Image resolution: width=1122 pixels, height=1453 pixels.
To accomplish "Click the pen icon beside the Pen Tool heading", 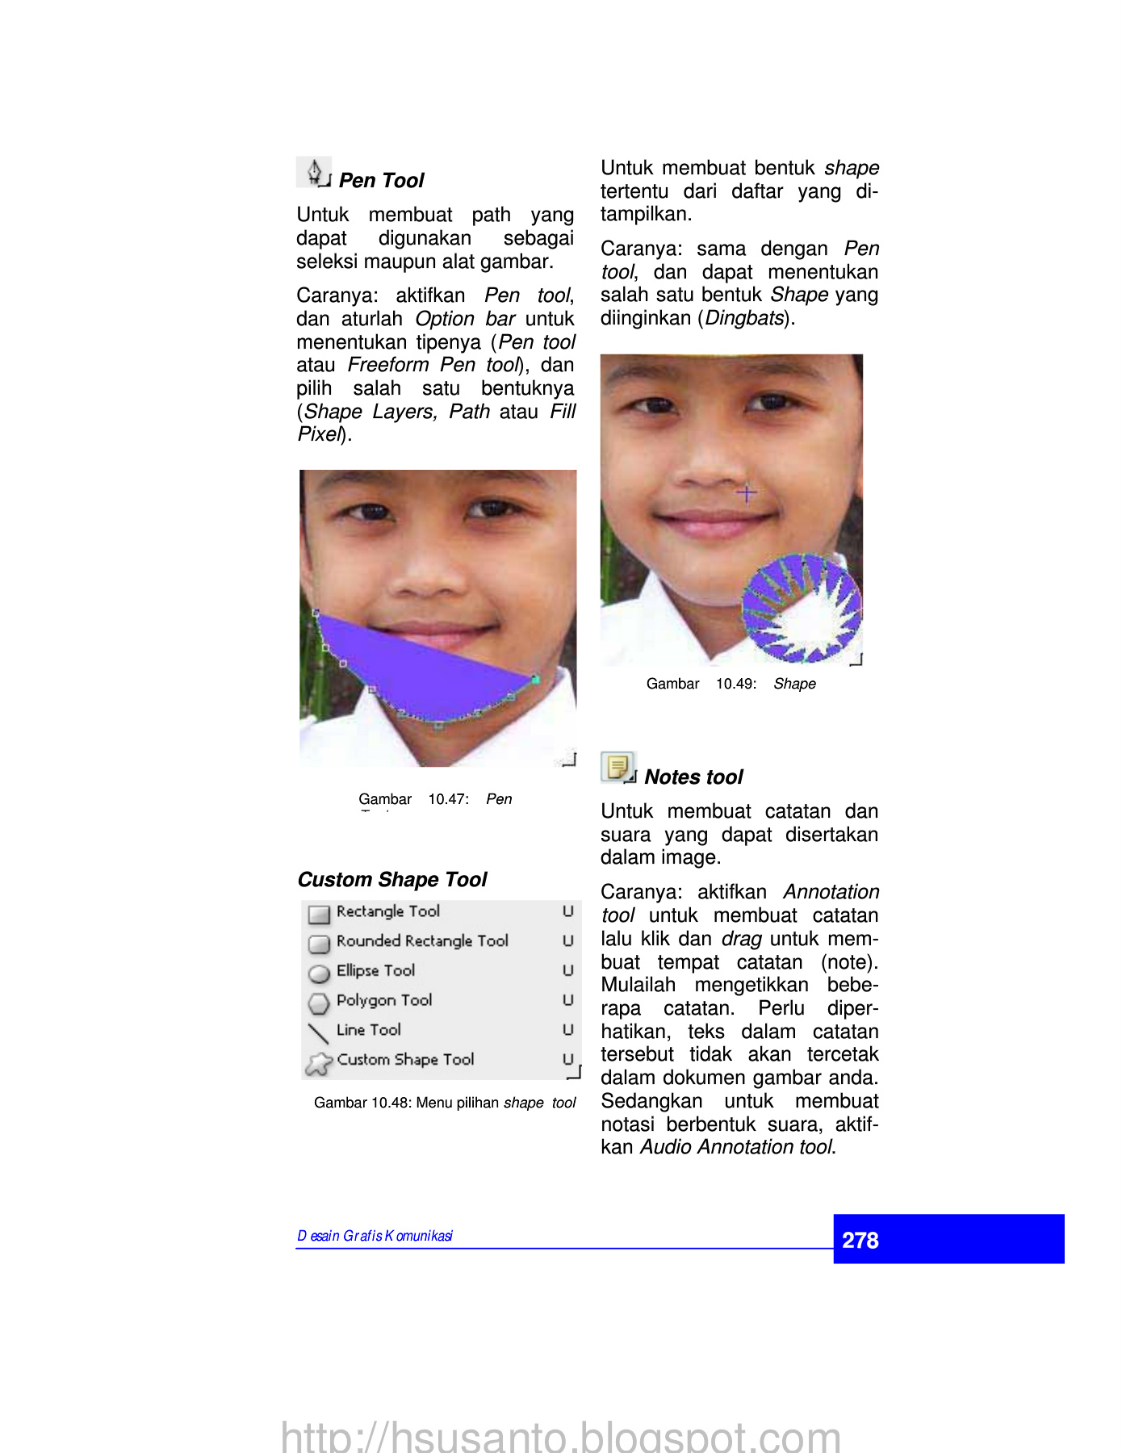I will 314,172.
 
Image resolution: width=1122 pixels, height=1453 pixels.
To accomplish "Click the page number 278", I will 860,1240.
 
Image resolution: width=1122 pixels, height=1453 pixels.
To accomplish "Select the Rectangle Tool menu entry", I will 387,911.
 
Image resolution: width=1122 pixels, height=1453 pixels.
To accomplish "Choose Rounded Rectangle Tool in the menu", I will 421,941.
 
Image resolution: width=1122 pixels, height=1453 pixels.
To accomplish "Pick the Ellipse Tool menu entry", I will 375,971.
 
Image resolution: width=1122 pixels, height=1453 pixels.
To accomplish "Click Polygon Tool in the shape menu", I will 383,1000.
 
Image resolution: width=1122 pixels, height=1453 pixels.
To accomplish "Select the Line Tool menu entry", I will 368,1030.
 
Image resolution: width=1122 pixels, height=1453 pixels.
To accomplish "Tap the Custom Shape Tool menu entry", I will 405,1060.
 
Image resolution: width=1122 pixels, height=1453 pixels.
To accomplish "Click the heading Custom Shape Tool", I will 392,880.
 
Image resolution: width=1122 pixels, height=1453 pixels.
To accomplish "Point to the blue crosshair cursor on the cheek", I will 747,492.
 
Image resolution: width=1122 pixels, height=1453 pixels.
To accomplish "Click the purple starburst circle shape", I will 800,605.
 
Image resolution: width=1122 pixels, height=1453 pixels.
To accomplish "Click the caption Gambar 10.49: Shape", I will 731,685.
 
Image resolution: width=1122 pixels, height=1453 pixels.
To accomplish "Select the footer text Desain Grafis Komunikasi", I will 375,1236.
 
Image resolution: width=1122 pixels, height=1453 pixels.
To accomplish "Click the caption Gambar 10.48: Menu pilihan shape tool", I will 444,1103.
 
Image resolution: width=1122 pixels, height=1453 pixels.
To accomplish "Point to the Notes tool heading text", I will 693,777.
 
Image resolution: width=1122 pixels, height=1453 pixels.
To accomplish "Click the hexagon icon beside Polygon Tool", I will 320,1003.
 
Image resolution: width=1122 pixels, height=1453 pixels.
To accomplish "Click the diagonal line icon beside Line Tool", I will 319,1033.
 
